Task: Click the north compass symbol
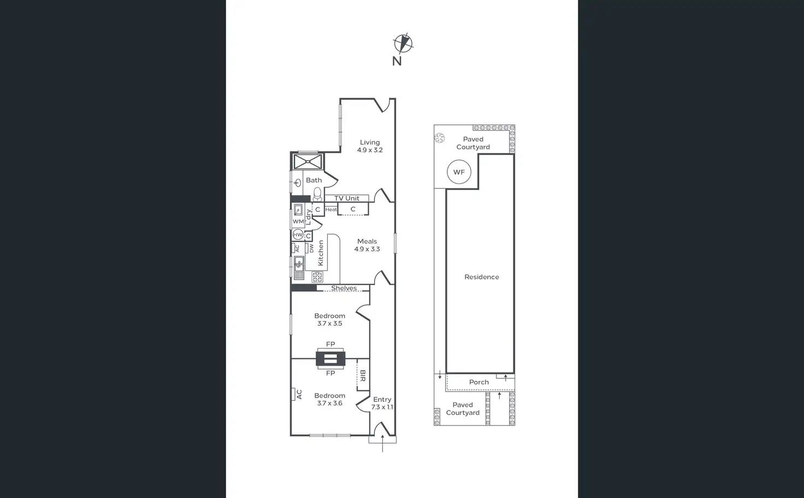(x=403, y=44)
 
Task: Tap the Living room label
(x=370, y=146)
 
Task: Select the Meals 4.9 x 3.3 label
(x=366, y=245)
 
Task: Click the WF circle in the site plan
(x=459, y=172)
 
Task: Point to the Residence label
(x=481, y=277)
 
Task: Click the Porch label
(x=478, y=382)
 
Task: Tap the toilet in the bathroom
(x=317, y=194)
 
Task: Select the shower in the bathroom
(x=308, y=162)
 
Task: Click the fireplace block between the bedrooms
(x=330, y=359)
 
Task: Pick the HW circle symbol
(x=298, y=235)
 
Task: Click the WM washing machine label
(x=298, y=222)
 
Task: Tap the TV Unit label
(x=347, y=198)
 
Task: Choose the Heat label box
(x=331, y=210)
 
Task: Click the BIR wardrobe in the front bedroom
(x=363, y=375)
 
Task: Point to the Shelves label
(x=344, y=288)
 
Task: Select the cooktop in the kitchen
(x=317, y=277)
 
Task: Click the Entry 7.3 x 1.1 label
(x=382, y=403)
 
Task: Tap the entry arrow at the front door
(x=382, y=442)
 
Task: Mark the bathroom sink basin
(x=298, y=183)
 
